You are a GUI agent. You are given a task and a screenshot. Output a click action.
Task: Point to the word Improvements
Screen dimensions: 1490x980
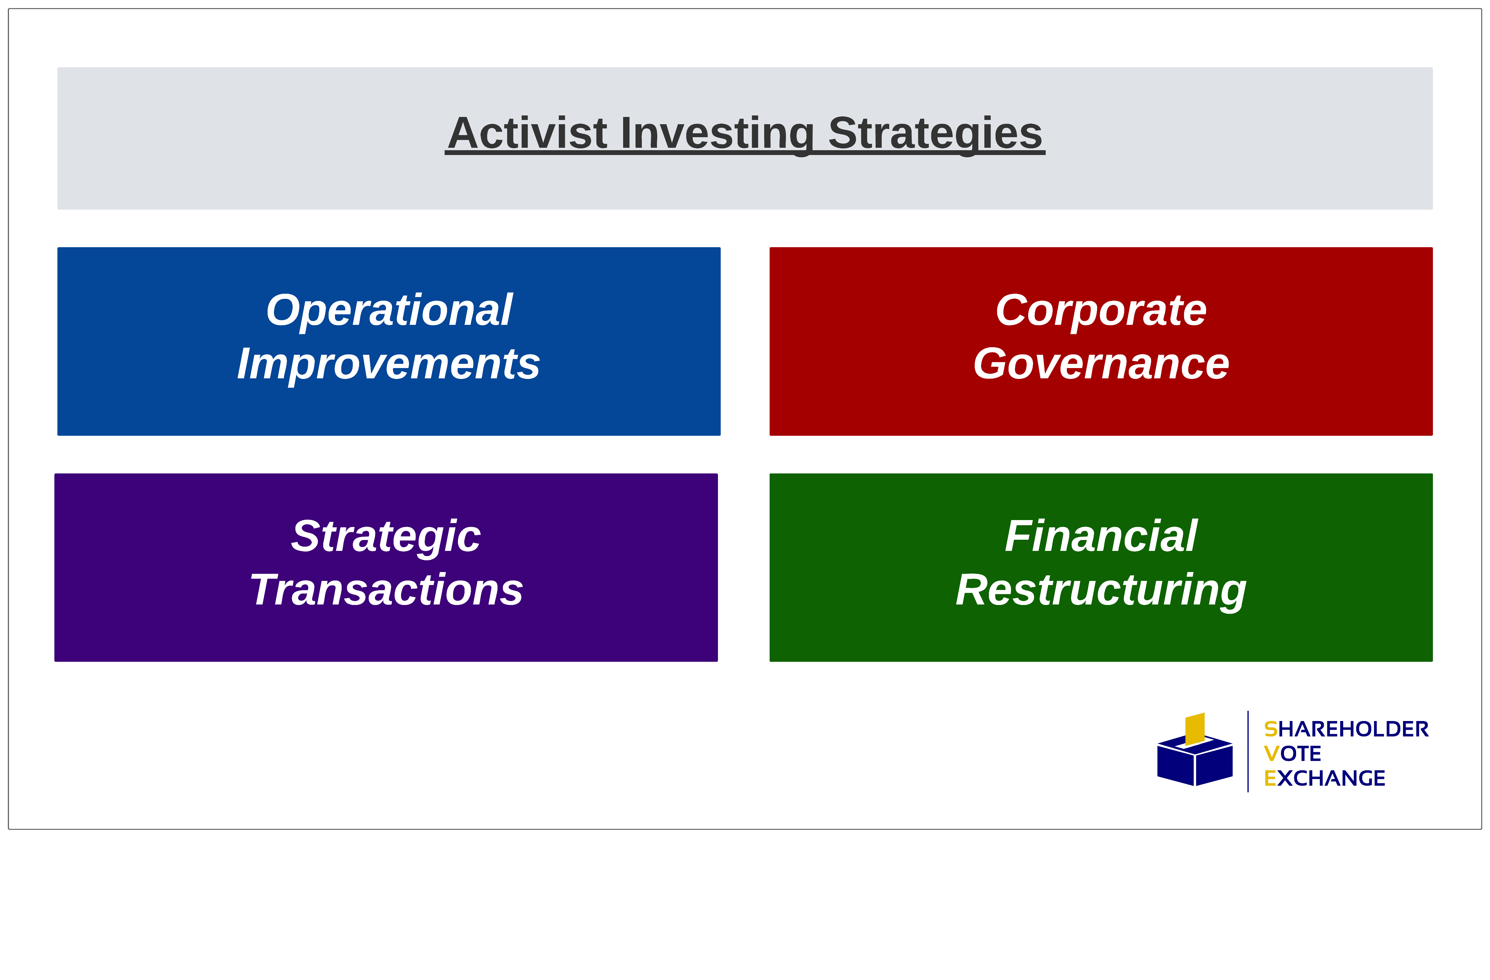[x=388, y=364]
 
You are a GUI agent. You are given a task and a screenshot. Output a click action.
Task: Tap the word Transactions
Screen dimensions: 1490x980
[x=386, y=590]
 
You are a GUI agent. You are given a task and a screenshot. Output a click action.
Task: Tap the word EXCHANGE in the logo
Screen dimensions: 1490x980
[x=1324, y=778]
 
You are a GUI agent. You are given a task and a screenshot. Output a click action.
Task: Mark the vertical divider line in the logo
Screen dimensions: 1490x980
[x=1248, y=752]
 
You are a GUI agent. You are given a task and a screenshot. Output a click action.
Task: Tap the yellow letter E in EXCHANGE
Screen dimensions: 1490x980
[x=1270, y=778]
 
